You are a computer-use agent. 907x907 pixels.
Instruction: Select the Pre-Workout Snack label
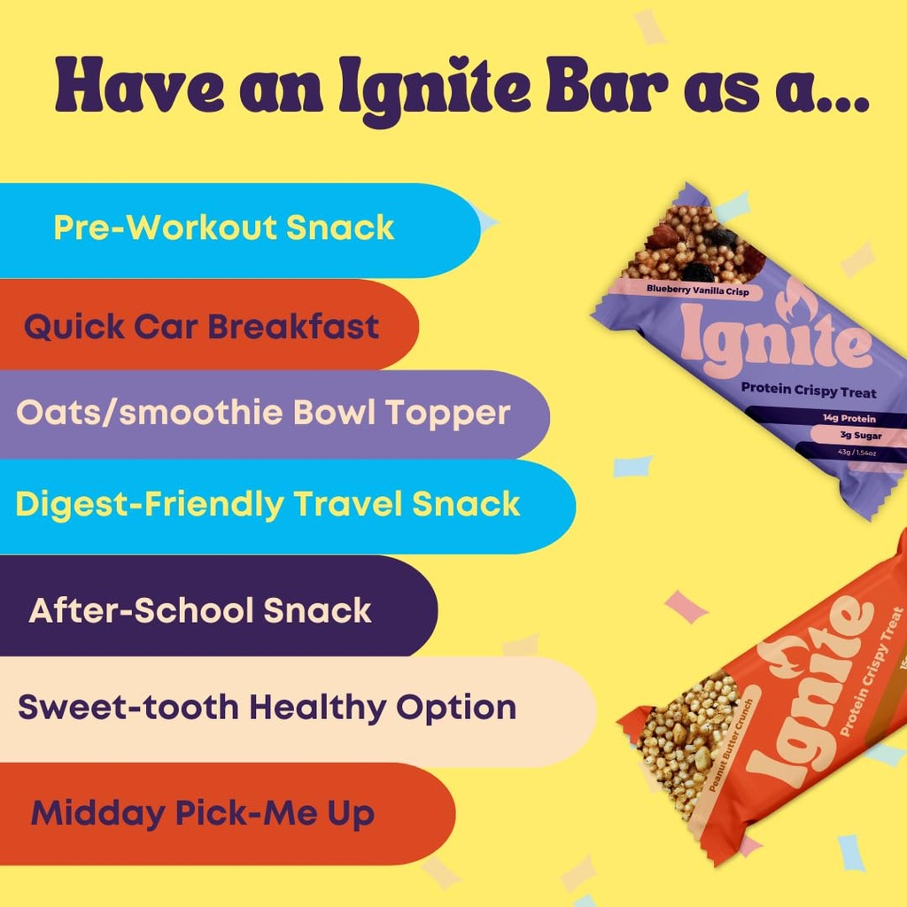[223, 229]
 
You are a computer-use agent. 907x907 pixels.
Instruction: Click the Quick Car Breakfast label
[201, 327]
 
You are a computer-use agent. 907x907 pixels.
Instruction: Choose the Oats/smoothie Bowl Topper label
[263, 413]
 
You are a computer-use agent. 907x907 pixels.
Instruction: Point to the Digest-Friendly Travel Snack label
[267, 505]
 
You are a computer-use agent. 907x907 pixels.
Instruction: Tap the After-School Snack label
[199, 611]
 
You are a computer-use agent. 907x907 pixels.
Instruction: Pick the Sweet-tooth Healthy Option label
[267, 708]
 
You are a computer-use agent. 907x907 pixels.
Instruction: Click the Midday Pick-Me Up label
[202, 814]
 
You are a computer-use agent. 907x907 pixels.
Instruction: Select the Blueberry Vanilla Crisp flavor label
[697, 289]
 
